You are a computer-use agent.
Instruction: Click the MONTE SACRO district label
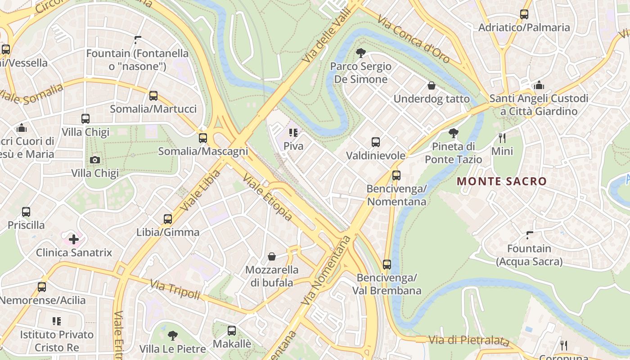pyautogui.click(x=502, y=181)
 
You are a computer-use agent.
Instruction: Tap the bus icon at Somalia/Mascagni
pyautogui.click(x=203, y=138)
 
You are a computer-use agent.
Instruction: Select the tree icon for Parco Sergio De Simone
pyautogui.click(x=360, y=53)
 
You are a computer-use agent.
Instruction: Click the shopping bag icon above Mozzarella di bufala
pyautogui.click(x=272, y=256)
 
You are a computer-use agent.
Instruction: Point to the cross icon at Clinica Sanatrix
pyautogui.click(x=74, y=239)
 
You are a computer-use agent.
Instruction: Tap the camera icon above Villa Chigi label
pyautogui.click(x=95, y=160)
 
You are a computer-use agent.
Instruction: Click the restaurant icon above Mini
pyautogui.click(x=502, y=138)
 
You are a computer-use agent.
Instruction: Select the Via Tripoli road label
pyautogui.click(x=175, y=290)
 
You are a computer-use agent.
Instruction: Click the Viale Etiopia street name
pyautogui.click(x=268, y=198)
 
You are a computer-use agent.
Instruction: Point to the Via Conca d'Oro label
pyautogui.click(x=413, y=39)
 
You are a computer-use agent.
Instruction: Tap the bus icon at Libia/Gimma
pyautogui.click(x=168, y=219)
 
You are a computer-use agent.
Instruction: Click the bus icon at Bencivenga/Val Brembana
pyautogui.click(x=387, y=264)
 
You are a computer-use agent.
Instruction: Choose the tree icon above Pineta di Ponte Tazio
pyautogui.click(x=454, y=133)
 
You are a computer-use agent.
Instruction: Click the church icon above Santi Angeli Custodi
pyautogui.click(x=539, y=85)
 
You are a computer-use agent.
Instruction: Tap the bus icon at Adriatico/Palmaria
pyautogui.click(x=524, y=14)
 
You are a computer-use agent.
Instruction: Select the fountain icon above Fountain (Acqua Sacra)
pyautogui.click(x=530, y=235)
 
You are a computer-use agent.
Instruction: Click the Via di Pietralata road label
pyautogui.click(x=469, y=341)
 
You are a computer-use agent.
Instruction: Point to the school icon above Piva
pyautogui.click(x=293, y=133)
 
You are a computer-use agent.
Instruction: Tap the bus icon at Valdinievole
pyautogui.click(x=376, y=142)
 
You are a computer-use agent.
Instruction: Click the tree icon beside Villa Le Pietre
pyautogui.click(x=172, y=335)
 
